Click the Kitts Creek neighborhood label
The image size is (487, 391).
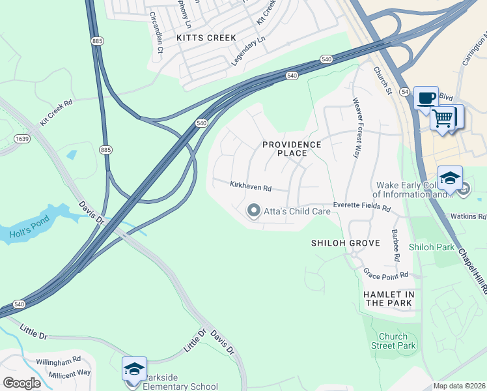tap(206, 38)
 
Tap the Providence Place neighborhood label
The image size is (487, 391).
tap(292, 149)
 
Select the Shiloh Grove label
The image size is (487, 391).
tap(345, 243)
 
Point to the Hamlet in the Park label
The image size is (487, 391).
tap(388, 298)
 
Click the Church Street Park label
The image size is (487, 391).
tap(397, 341)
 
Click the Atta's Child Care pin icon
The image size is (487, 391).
tap(253, 210)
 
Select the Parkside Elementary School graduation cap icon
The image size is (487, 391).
tap(134, 369)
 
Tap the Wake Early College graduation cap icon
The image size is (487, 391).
tap(450, 177)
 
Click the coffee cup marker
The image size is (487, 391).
tap(426, 98)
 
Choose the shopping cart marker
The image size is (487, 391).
tap(443, 118)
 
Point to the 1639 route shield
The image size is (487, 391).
tap(21, 138)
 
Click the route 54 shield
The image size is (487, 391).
tap(404, 91)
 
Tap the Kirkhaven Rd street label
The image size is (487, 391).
tap(250, 186)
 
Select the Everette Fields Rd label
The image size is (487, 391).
tap(361, 206)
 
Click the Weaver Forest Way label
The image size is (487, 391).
tap(355, 128)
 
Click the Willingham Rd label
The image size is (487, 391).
tap(59, 359)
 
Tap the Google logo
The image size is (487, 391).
tap(21, 383)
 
